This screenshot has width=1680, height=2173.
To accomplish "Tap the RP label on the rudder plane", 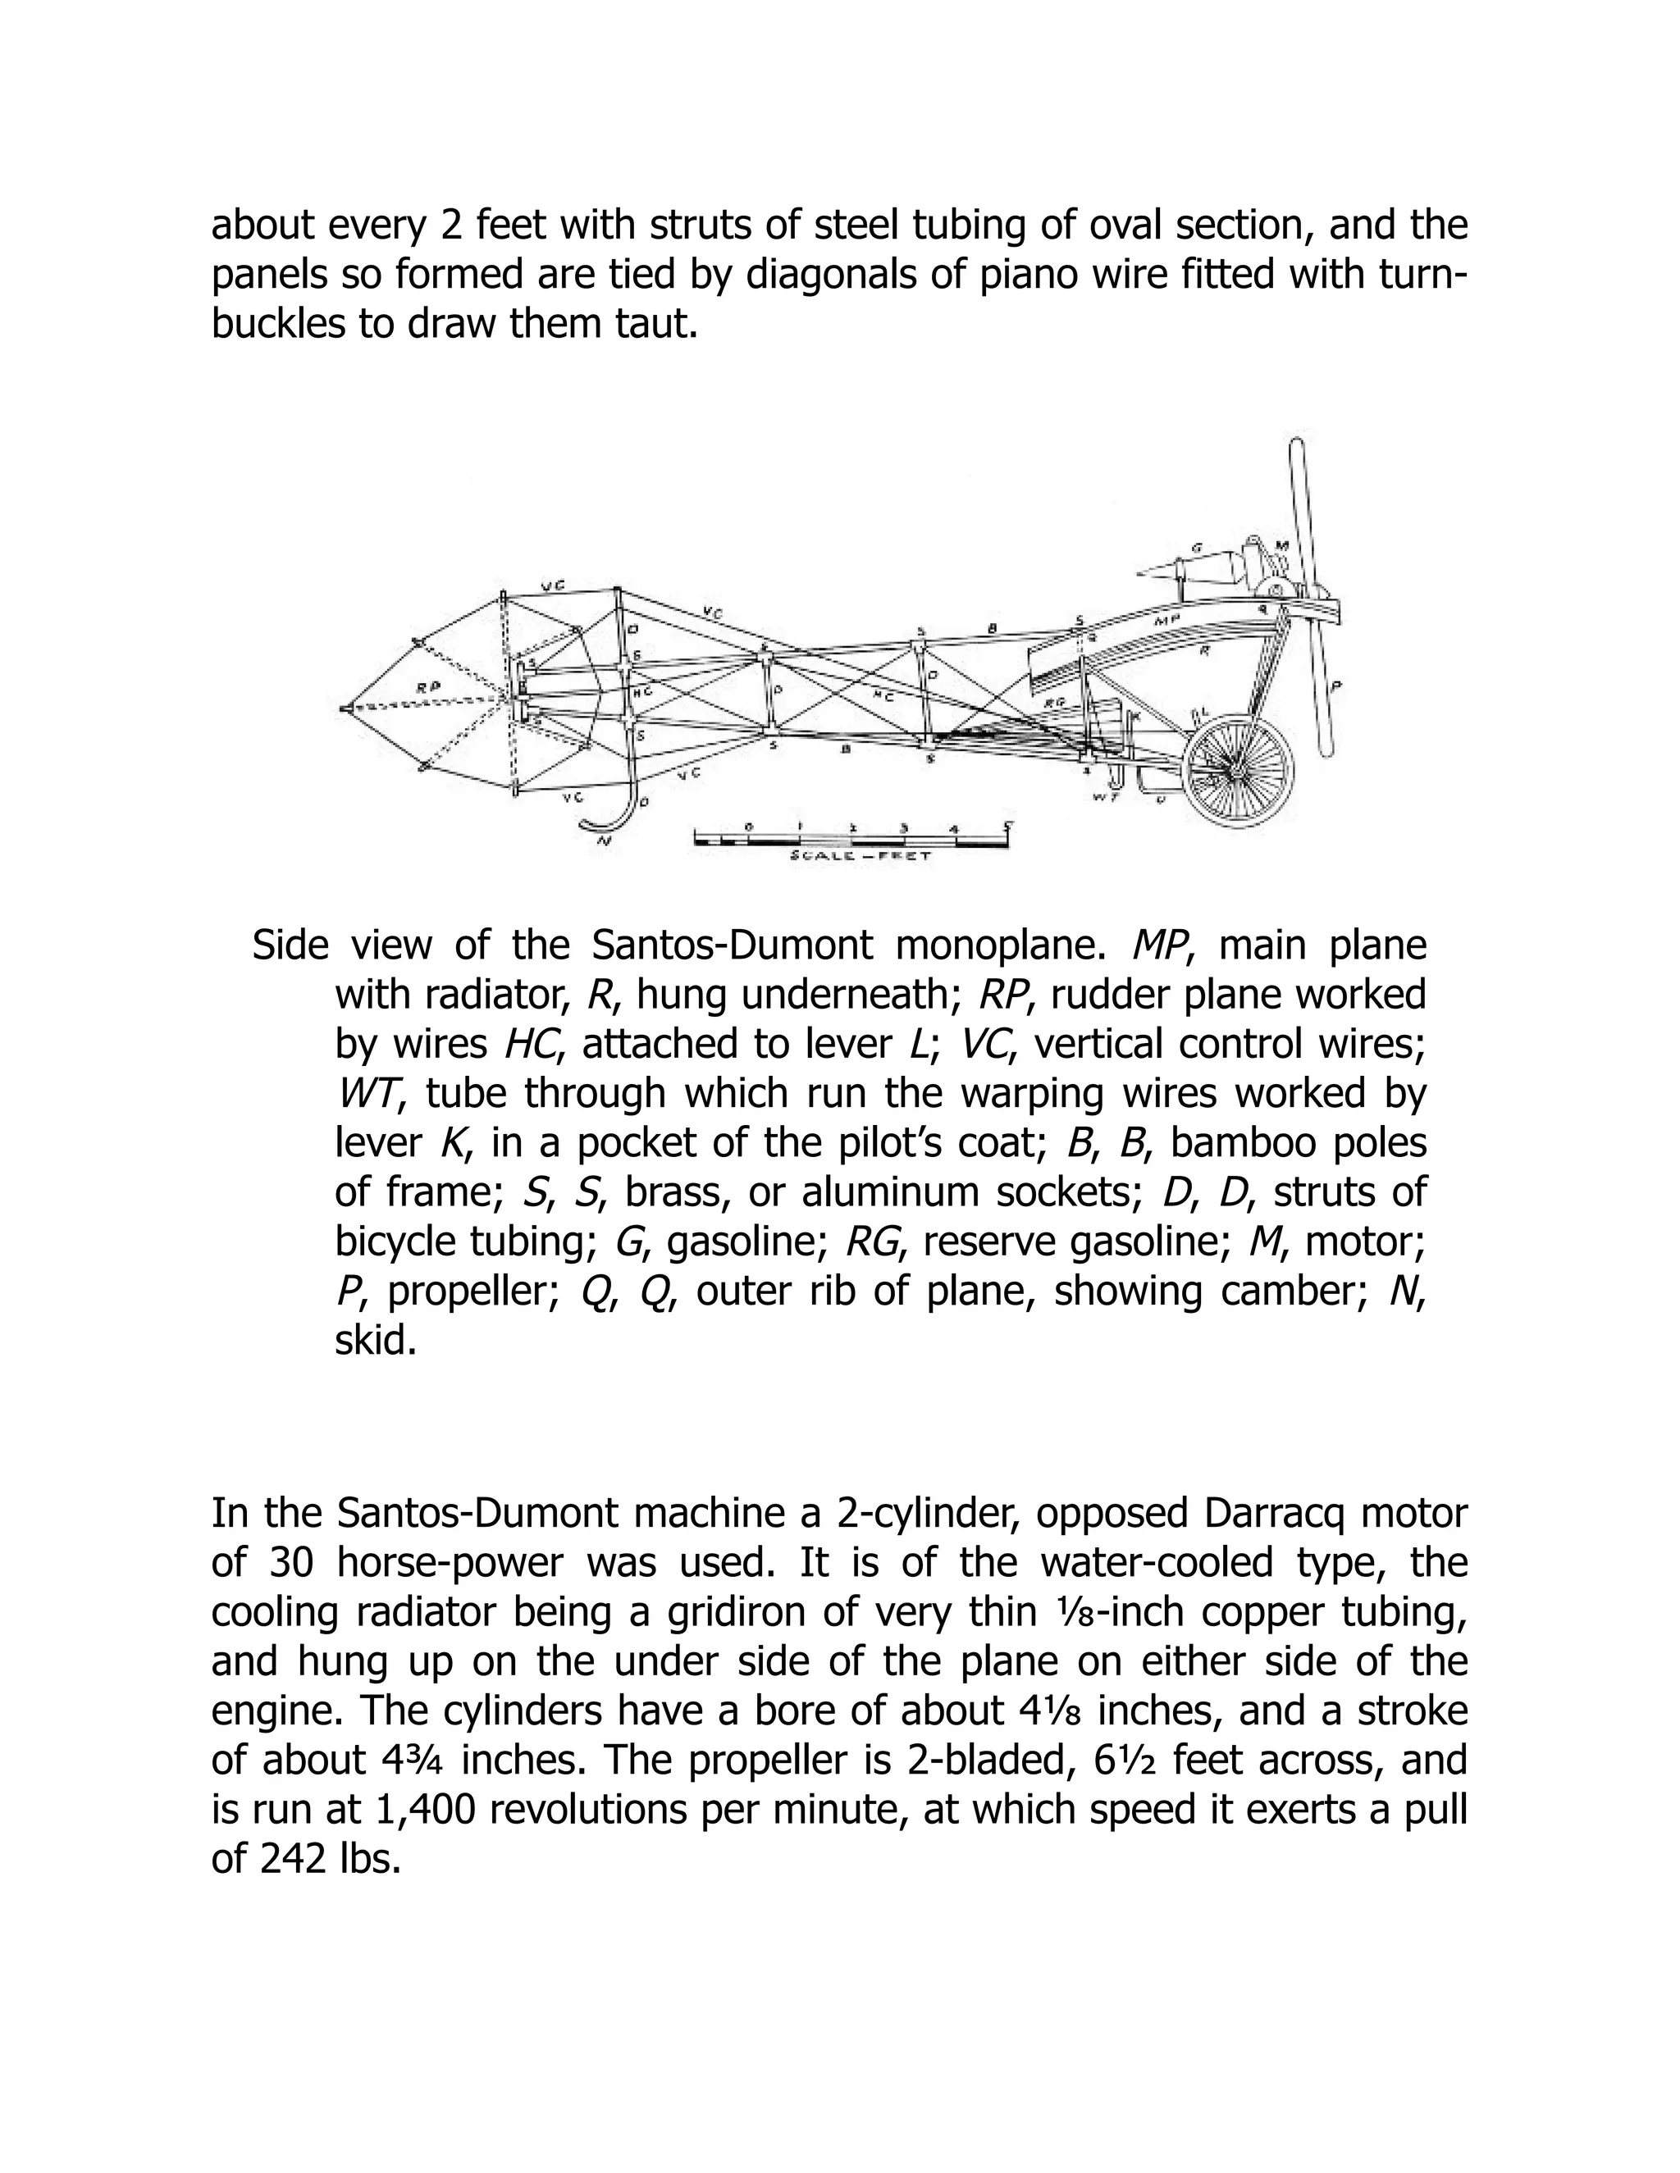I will pos(429,686).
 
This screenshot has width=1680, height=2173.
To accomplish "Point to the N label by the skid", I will pos(602,840).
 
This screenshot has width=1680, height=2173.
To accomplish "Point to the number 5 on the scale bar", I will pos(1008,824).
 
